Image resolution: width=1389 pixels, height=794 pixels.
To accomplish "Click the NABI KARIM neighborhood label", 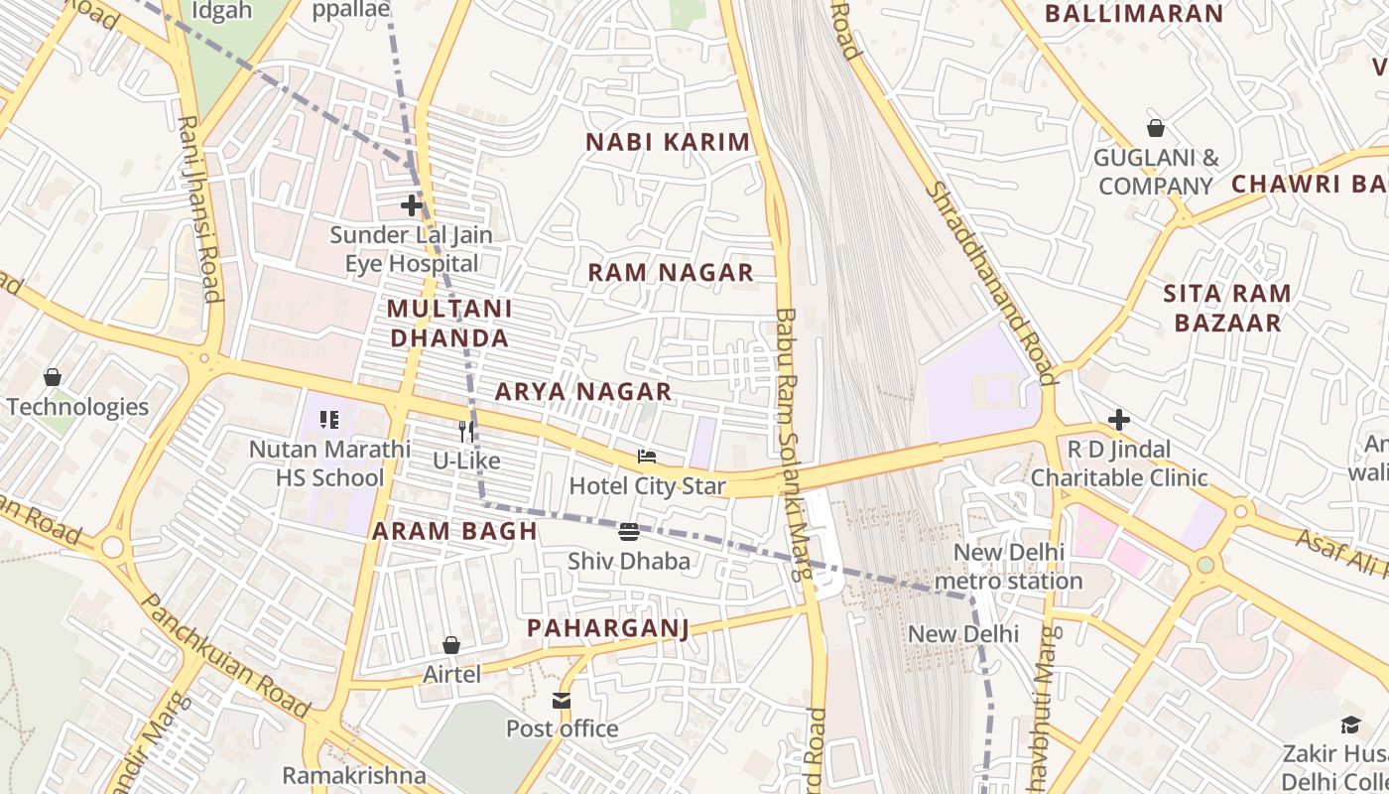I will (668, 142).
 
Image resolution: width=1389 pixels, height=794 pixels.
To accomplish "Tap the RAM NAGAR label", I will (671, 273).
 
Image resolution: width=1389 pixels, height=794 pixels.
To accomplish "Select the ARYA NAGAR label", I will (583, 392).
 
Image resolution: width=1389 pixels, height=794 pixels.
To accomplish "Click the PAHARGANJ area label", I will (607, 628).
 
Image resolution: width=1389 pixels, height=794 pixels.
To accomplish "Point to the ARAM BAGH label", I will (454, 531).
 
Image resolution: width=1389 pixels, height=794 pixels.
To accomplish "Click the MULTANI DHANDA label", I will (449, 324).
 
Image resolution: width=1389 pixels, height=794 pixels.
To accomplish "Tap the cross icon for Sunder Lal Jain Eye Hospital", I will (412, 205).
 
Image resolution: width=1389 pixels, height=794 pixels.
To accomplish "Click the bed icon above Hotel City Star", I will (647, 457).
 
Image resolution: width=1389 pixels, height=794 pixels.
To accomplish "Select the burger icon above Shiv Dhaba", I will (629, 532).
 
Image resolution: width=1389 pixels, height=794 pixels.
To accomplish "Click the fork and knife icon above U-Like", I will (467, 432).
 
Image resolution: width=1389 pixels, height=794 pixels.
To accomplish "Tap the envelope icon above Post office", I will (563, 701).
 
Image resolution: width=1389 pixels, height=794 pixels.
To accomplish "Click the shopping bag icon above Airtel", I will (451, 645).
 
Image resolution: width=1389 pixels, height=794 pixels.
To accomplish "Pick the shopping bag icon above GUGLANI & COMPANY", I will (1156, 128).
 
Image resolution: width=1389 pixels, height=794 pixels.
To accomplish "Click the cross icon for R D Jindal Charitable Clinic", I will (1119, 420).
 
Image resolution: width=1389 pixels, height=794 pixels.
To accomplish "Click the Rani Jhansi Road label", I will (198, 208).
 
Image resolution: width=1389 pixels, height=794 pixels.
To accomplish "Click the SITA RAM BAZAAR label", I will (1227, 308).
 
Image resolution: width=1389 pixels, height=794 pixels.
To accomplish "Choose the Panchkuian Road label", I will (225, 655).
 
